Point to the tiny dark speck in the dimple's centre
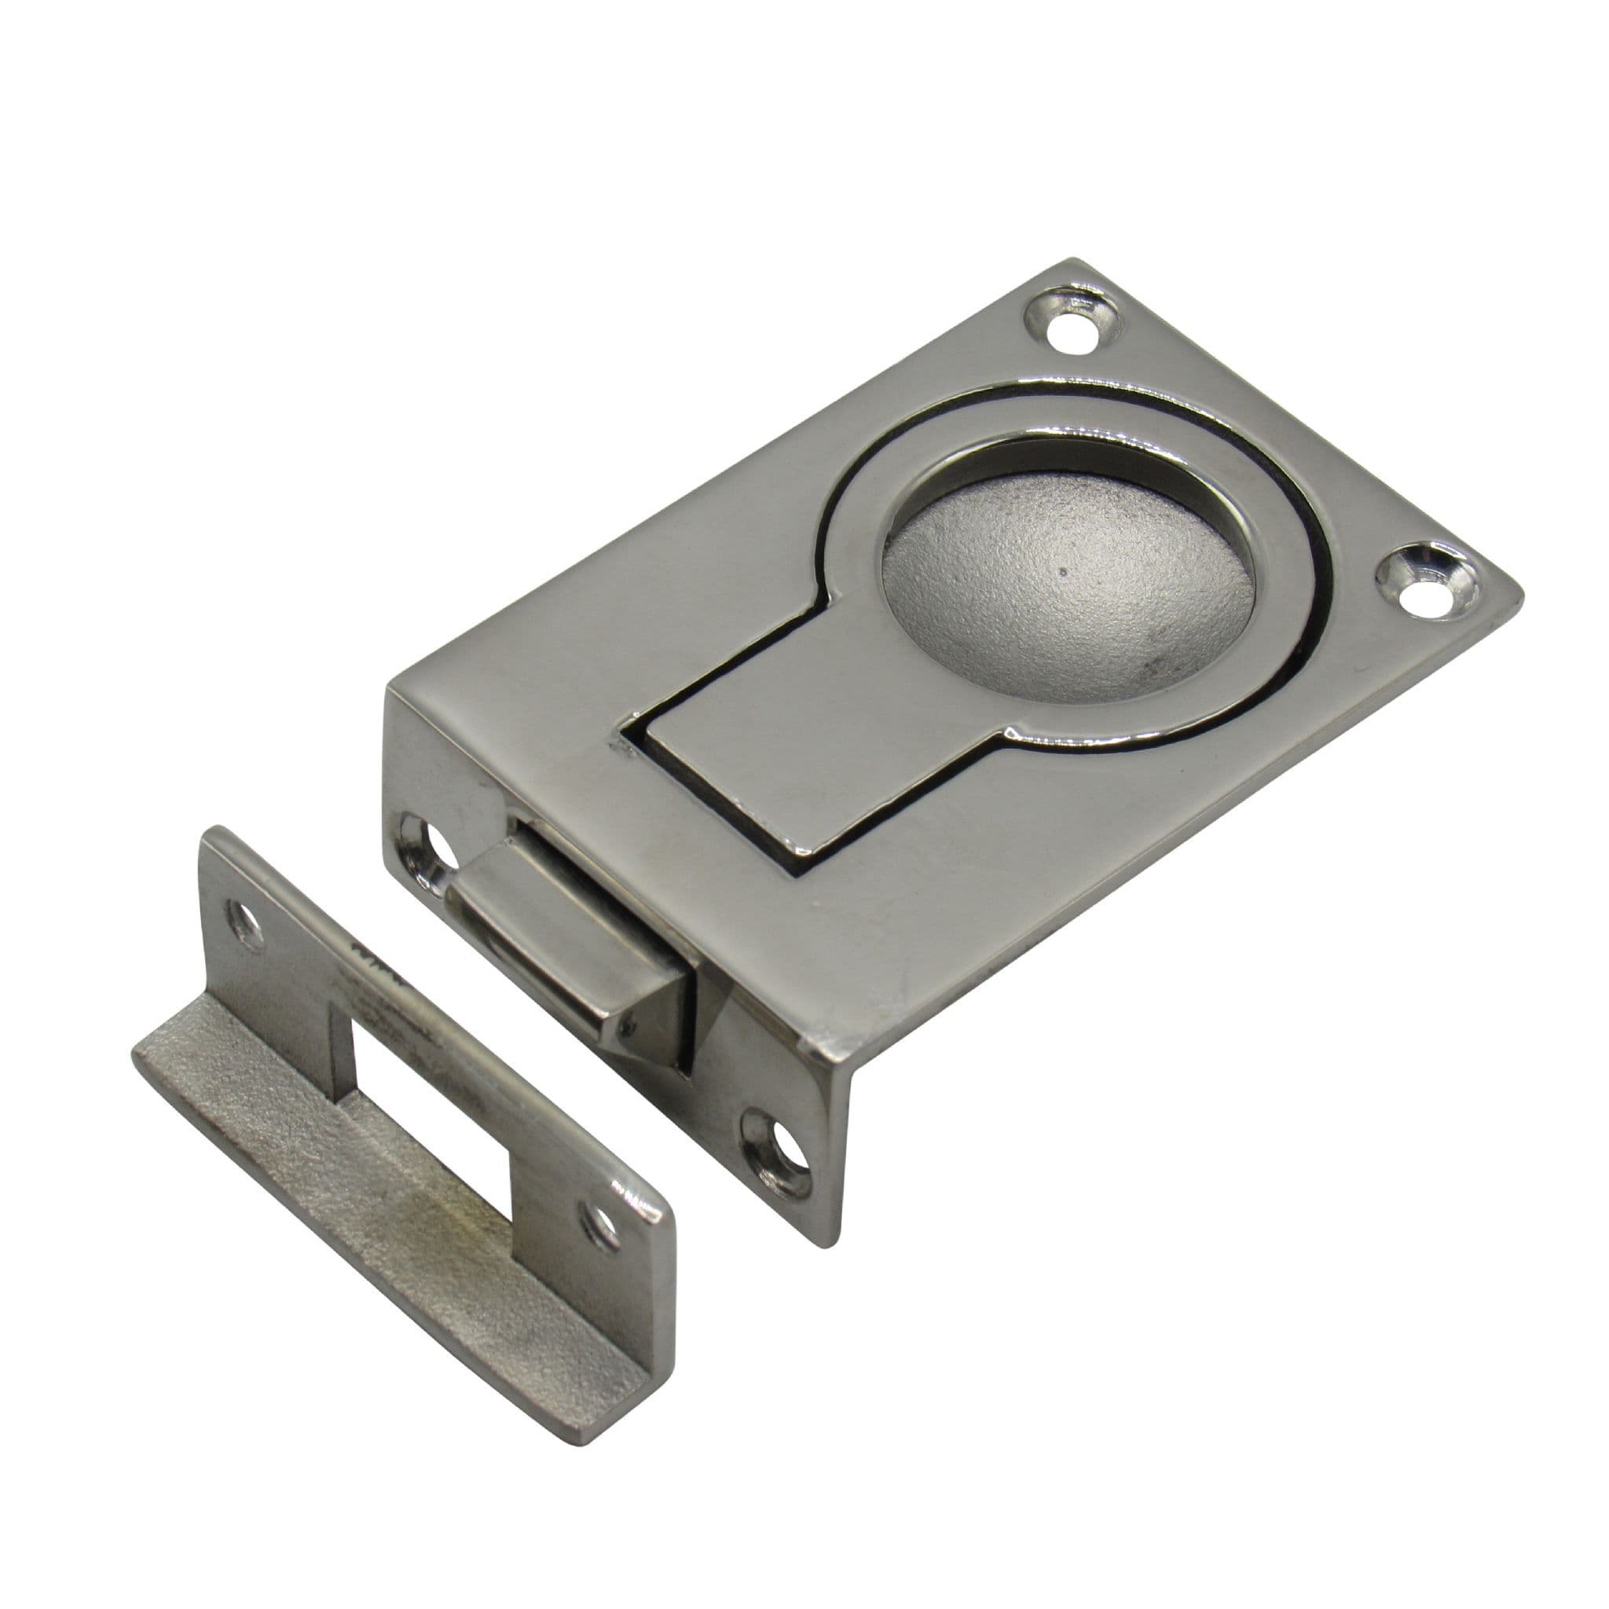(x=1063, y=571)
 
